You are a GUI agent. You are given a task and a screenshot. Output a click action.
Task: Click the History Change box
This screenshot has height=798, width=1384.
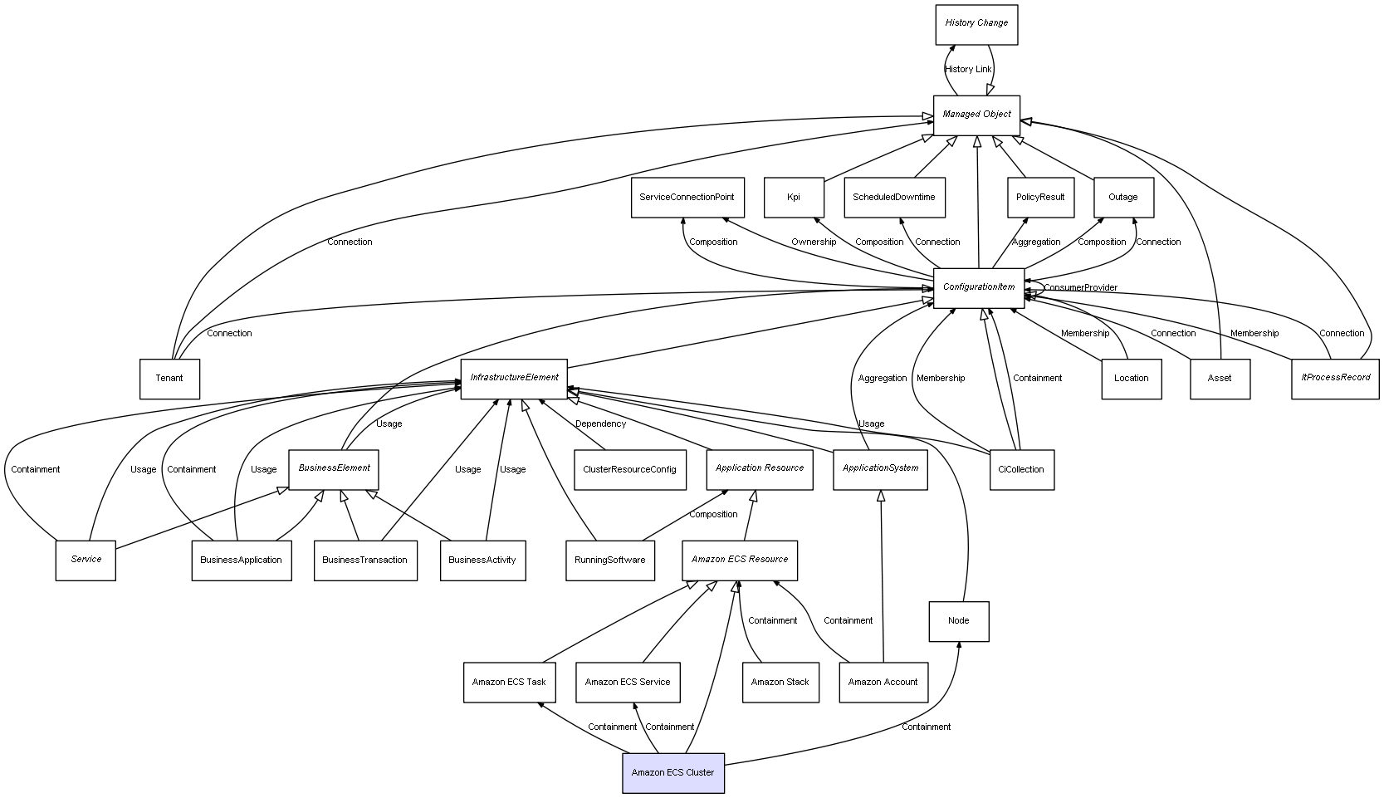coord(976,24)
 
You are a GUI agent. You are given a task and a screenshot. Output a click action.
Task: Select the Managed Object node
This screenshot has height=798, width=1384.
coord(976,115)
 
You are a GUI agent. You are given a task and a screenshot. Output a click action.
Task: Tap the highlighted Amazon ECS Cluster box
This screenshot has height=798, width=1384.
coord(672,773)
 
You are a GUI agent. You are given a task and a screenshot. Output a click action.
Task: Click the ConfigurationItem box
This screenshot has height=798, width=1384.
coord(978,287)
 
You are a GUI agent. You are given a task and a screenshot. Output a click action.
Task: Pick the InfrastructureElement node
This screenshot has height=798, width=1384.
coord(514,379)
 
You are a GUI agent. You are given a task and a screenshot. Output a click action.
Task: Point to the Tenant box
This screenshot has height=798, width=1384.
coord(169,379)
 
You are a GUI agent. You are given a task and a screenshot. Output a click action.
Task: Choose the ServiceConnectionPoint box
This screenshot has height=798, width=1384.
coord(687,198)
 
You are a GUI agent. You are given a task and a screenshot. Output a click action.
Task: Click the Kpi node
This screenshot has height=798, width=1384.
coord(794,198)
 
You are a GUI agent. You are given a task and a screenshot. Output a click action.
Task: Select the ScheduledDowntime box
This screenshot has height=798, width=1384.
coord(893,198)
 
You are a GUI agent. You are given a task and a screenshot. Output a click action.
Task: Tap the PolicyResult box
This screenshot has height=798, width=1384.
coord(1040,198)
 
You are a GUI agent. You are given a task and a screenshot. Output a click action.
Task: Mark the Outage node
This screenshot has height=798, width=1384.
coord(1122,198)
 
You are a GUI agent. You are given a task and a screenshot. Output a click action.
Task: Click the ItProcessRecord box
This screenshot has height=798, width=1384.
coord(1335,379)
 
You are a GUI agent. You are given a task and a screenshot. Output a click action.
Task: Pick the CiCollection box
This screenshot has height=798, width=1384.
coord(1021,470)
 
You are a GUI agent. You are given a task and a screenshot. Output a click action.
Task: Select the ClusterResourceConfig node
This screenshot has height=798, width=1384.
coord(629,470)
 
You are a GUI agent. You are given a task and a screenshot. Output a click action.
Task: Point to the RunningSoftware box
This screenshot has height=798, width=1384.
coord(609,561)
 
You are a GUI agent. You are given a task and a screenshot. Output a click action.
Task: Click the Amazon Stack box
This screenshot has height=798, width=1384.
coord(780,683)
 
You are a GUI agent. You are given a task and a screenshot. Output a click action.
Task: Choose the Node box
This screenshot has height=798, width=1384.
coord(958,621)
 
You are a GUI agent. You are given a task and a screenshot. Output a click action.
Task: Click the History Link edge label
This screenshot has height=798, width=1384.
coord(968,70)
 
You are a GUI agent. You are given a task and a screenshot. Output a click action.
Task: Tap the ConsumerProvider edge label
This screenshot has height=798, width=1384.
coord(1080,288)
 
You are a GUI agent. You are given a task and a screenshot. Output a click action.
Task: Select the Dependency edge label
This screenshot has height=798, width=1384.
coord(600,424)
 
